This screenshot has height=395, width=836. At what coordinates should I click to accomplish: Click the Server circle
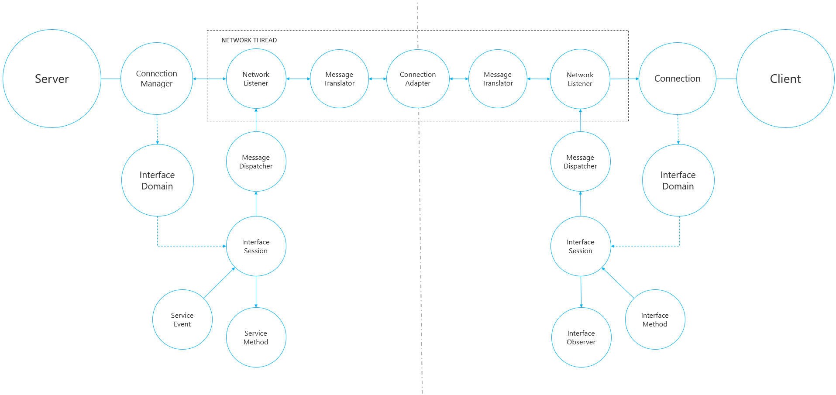[x=52, y=79]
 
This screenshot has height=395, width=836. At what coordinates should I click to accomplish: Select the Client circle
[x=785, y=79]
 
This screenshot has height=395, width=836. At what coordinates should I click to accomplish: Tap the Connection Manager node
[x=156, y=79]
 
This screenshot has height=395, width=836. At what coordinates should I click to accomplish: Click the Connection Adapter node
[x=418, y=79]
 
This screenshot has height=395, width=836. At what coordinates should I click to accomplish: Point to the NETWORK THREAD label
[x=249, y=40]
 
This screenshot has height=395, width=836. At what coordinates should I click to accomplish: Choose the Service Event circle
[x=182, y=319]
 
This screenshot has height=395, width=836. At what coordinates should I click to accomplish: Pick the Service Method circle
[x=256, y=337]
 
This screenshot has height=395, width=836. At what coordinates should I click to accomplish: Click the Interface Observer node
[x=581, y=337]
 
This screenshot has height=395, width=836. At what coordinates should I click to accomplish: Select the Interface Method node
[x=655, y=319]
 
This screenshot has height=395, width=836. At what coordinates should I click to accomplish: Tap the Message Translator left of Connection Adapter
[x=339, y=79]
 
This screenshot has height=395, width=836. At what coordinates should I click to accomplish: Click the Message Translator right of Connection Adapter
[x=498, y=79]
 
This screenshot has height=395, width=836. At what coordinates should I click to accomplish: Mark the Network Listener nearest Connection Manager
[x=256, y=79]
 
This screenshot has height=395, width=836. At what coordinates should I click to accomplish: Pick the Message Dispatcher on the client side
[x=580, y=161]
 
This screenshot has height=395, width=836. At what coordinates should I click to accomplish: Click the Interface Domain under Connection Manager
[x=157, y=180]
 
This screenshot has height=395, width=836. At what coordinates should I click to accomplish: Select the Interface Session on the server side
[x=256, y=246]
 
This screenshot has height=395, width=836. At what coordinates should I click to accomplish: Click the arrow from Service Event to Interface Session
[x=219, y=283]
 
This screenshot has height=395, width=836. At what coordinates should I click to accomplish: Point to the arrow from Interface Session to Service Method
[x=256, y=292]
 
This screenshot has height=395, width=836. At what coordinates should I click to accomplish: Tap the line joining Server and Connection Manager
[x=111, y=79]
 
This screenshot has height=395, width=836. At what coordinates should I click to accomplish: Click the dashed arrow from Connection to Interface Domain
[x=678, y=129]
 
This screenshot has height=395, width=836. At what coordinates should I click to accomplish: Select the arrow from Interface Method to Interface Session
[x=618, y=283]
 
